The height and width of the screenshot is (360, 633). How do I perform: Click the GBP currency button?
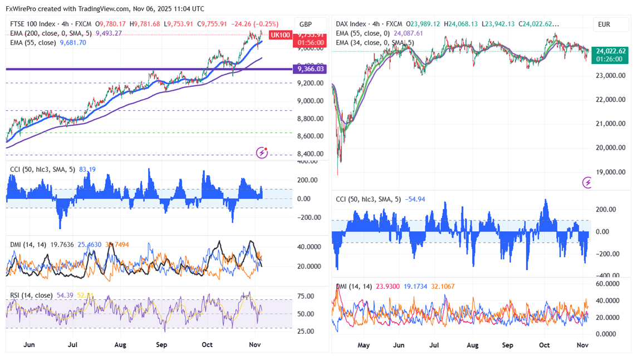click(x=306, y=24)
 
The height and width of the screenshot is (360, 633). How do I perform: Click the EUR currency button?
click(x=605, y=24)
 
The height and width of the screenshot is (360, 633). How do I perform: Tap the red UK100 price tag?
click(x=279, y=35)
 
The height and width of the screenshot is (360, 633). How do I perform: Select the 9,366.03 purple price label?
click(x=311, y=68)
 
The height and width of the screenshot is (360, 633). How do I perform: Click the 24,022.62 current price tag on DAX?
click(x=611, y=51)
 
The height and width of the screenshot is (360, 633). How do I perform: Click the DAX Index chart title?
click(x=351, y=24)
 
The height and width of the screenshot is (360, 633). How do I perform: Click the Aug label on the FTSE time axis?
click(x=120, y=345)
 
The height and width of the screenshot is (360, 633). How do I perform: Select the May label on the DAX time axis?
click(x=364, y=345)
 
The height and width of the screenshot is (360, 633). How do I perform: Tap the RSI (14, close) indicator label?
click(x=32, y=295)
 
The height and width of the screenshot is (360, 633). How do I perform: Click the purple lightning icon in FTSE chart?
click(x=262, y=152)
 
